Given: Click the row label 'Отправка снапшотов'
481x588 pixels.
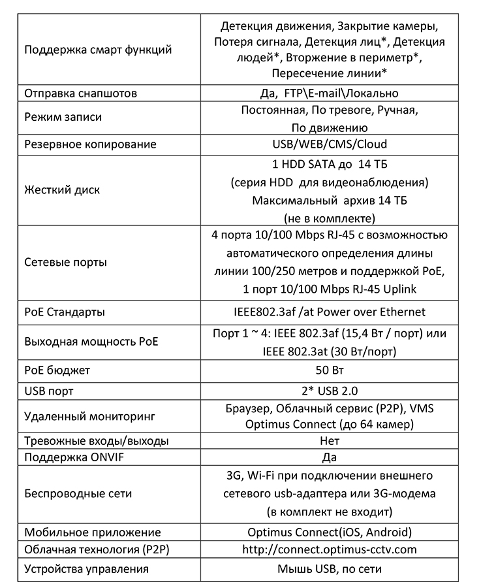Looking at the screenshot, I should (x=80, y=93).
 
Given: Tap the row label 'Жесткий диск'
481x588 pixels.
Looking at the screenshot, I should (x=62, y=190).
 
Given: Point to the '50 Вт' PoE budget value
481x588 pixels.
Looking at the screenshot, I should (x=330, y=370).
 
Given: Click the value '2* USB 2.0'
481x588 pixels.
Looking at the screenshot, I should (x=330, y=391).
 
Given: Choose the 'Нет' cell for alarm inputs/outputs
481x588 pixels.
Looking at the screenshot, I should (x=330, y=440).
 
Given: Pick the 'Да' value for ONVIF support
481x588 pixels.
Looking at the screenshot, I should (x=330, y=457).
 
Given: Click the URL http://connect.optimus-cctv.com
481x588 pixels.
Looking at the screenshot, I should (x=330, y=549).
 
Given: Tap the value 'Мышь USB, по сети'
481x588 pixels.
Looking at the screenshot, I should (x=330, y=569).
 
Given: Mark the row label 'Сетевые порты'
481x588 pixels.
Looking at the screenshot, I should (x=65, y=262).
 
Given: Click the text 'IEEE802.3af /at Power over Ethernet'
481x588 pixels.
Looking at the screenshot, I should (x=330, y=312).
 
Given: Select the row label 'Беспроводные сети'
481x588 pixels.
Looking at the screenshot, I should (x=78, y=493).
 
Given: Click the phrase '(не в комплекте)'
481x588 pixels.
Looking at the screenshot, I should (x=330, y=218).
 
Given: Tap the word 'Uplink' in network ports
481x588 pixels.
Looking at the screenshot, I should (x=399, y=289).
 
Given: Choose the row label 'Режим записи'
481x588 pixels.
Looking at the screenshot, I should (x=63, y=117).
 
